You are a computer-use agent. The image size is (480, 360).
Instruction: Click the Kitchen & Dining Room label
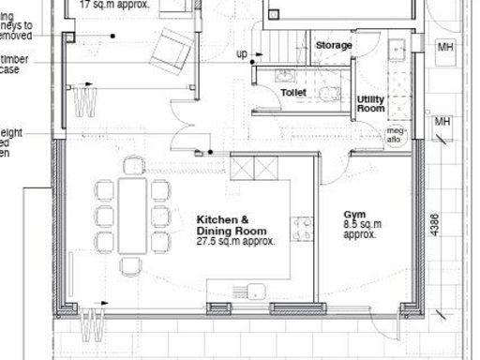click(231, 225)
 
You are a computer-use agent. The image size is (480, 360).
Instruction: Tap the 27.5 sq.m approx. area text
click(234, 241)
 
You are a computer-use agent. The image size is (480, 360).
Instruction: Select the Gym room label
click(354, 215)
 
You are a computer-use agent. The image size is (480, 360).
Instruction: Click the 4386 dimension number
click(433, 232)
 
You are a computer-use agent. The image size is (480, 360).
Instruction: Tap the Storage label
click(333, 45)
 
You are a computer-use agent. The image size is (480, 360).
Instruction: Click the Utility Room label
click(371, 104)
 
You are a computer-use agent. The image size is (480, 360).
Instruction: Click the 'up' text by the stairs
click(241, 54)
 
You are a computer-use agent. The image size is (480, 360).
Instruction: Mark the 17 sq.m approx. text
click(112, 4)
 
